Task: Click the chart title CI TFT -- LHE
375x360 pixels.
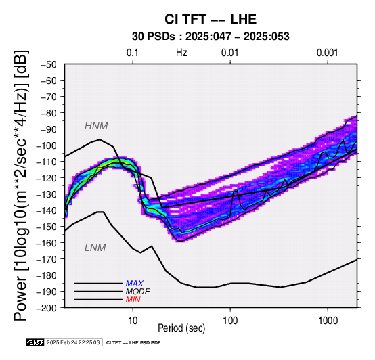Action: click(211, 19)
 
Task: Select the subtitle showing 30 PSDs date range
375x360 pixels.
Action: click(211, 37)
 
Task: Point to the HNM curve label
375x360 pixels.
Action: click(96, 126)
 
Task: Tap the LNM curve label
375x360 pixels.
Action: click(95, 248)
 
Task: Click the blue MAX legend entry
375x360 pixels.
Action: click(135, 284)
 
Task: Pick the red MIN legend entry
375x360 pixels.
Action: click(133, 300)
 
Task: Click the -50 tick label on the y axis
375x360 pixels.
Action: click(49, 64)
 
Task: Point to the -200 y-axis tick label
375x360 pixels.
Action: click(47, 308)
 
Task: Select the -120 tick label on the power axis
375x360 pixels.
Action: click(47, 178)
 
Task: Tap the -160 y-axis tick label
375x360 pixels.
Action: click(47, 243)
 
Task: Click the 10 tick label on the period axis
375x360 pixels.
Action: click(133, 321)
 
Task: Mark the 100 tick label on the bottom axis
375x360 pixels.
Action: click(230, 321)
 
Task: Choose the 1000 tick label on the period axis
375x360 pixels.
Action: click(328, 321)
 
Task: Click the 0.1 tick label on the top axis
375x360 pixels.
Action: click(133, 53)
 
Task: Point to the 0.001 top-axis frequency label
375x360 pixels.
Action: click(328, 53)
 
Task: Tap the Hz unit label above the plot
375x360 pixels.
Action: click(181, 53)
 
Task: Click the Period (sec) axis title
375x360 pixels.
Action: click(181, 328)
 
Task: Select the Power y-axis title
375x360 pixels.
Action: click(20, 185)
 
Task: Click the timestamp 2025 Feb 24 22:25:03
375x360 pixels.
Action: click(73, 343)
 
